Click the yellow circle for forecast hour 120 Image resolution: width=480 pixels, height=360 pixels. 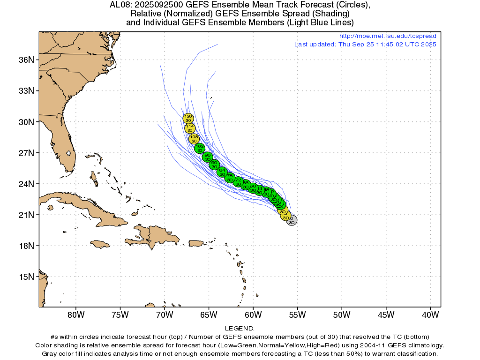[x=188, y=118]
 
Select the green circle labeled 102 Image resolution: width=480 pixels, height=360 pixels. [x=200, y=148]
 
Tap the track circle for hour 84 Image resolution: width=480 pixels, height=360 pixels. [x=222, y=172]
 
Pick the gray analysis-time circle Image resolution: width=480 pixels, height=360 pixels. [x=292, y=220]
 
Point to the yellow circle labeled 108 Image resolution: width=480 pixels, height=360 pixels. [x=194, y=139]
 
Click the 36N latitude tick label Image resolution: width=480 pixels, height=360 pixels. [x=26, y=60]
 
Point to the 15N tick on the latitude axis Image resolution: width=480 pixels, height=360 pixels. [x=26, y=277]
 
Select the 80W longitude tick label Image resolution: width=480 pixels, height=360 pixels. [x=75, y=314]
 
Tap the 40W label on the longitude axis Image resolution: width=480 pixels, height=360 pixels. [x=430, y=314]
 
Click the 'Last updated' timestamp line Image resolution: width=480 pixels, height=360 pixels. [x=365, y=45]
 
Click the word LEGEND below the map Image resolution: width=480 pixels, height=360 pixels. [x=240, y=329]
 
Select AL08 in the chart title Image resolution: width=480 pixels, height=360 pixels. [x=120, y=5]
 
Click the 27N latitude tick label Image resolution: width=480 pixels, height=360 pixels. [x=26, y=153]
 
